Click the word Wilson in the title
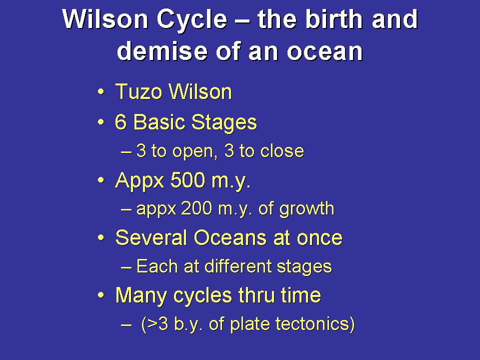click(x=105, y=19)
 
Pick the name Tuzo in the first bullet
click(x=138, y=92)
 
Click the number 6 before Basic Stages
click(x=120, y=122)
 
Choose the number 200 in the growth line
click(x=196, y=209)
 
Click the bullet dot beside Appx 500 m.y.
click(x=100, y=180)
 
